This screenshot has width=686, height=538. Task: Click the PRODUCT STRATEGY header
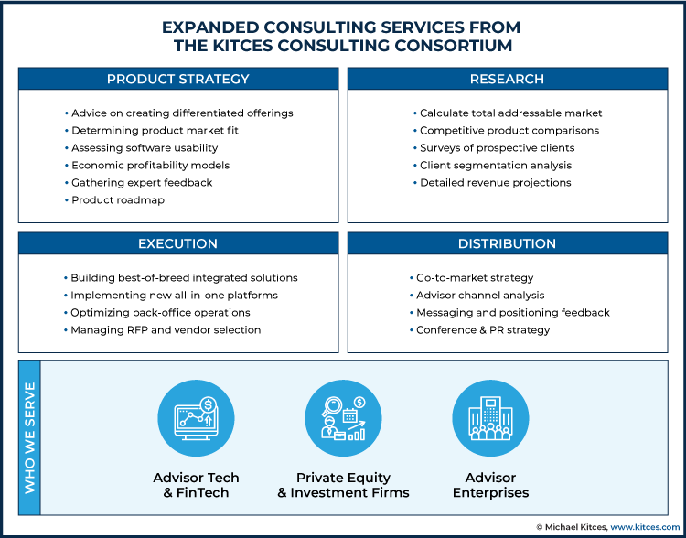pos(178,79)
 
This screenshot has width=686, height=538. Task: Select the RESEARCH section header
pos(508,79)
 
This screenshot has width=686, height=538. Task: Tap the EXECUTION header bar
pos(178,243)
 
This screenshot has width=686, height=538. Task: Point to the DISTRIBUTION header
pos(508,243)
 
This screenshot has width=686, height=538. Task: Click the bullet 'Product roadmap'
pos(114,200)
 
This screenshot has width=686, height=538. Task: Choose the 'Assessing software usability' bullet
pos(141,148)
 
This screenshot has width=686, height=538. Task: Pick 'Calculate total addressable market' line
pos(508,113)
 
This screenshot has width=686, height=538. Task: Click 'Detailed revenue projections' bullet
pos(492,183)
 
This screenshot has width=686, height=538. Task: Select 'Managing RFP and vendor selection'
pos(162,329)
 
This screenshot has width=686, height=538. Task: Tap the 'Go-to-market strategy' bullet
pos(471,278)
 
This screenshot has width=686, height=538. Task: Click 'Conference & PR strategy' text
pos(479,329)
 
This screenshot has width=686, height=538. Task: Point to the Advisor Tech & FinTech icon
pos(196,418)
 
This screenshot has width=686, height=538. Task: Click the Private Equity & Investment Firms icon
pos(343,418)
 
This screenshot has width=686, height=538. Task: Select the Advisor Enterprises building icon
pos(490,418)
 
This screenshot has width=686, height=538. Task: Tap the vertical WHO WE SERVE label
pos(30,437)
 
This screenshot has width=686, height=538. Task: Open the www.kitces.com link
pos(646,527)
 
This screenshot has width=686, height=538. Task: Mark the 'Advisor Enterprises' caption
pos(490,485)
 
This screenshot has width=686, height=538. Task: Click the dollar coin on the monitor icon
pos(208,403)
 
